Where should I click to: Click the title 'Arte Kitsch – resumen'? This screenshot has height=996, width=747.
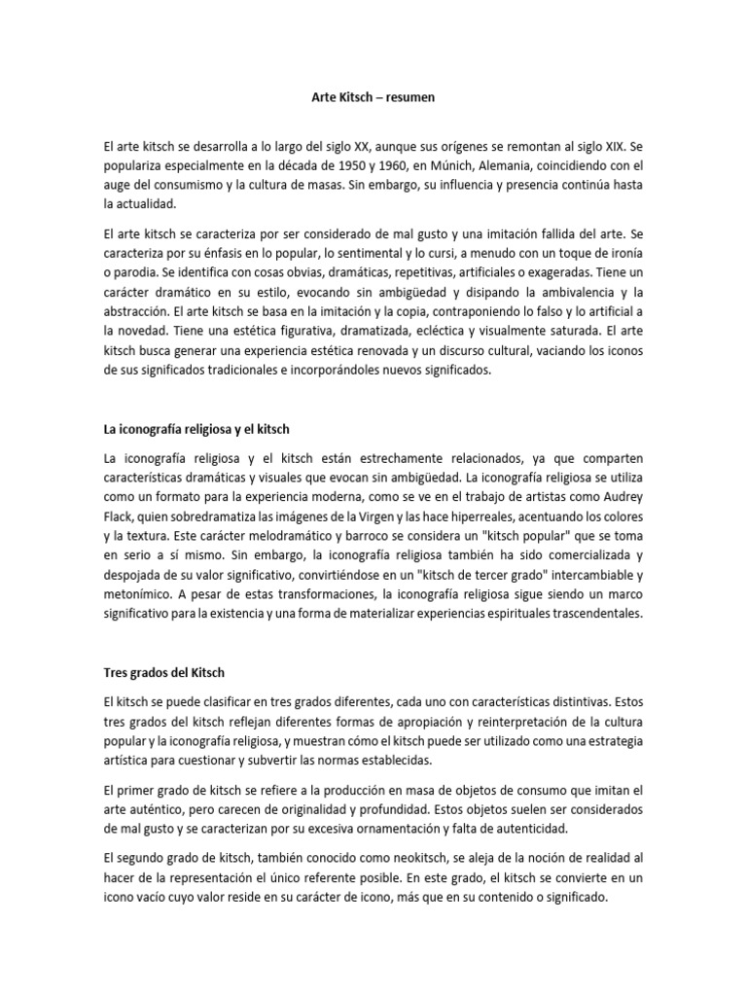[x=373, y=98]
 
